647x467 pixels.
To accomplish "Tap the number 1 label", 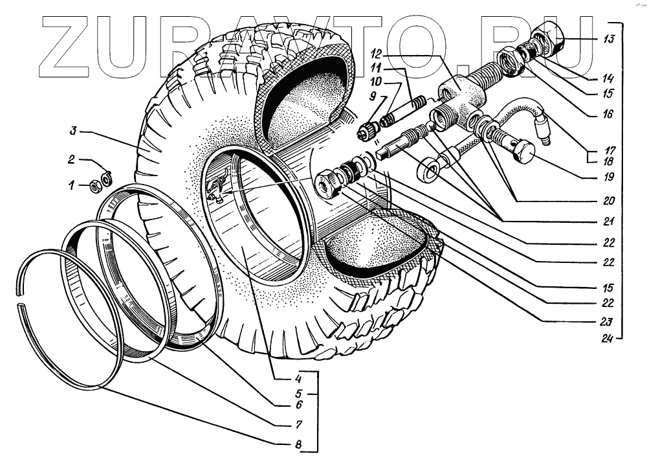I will pos(72,185).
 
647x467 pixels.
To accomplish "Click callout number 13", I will pos(608,40).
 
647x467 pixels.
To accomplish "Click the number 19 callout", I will pos(608,177).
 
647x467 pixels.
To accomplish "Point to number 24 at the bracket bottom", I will pos(608,337).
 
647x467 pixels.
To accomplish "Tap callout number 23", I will pos(608,321).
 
